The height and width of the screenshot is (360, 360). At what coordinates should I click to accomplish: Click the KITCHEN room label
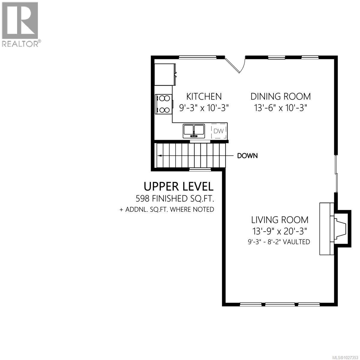click(x=204, y=96)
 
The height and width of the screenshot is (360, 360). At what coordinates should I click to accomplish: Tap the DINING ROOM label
click(x=280, y=96)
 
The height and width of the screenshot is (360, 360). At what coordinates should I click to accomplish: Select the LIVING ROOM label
click(x=280, y=220)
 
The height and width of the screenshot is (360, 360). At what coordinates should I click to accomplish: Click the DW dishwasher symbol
click(x=218, y=131)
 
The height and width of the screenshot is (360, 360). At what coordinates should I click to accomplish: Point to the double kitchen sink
click(x=194, y=131)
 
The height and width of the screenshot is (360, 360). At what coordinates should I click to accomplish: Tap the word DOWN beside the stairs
click(x=247, y=156)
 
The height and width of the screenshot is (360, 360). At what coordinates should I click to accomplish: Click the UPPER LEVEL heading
click(x=178, y=186)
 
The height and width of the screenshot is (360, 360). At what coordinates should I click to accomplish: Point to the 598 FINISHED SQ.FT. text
click(x=176, y=198)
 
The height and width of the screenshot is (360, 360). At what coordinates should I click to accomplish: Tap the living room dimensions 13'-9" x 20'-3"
click(x=280, y=231)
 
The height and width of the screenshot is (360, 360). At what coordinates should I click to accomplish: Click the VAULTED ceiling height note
click(x=279, y=241)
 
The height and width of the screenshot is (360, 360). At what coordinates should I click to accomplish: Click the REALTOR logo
click(x=20, y=24)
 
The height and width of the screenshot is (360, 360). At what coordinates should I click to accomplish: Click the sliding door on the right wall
click(x=337, y=174)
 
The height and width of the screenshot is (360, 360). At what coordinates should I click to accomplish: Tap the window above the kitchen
click(x=198, y=57)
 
